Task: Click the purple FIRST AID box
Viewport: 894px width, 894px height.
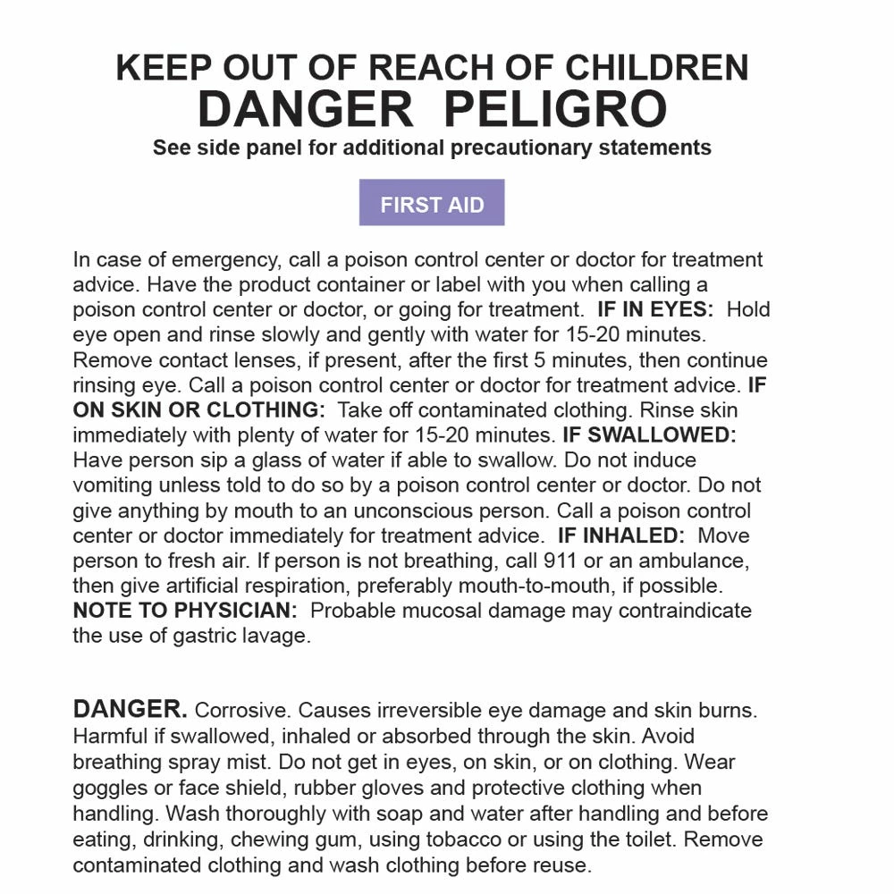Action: pyautogui.click(x=432, y=203)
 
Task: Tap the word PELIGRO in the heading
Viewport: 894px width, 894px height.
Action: pyautogui.click(x=554, y=109)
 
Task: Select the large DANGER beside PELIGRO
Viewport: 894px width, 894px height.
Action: pyautogui.click(x=305, y=109)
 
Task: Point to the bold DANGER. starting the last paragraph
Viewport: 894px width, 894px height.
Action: pyautogui.click(x=130, y=710)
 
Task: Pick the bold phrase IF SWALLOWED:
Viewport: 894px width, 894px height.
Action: pyautogui.click(x=649, y=435)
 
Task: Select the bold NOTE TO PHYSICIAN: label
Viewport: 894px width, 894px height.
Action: pyautogui.click(x=185, y=611)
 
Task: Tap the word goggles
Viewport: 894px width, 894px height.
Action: pyautogui.click(x=109, y=789)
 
